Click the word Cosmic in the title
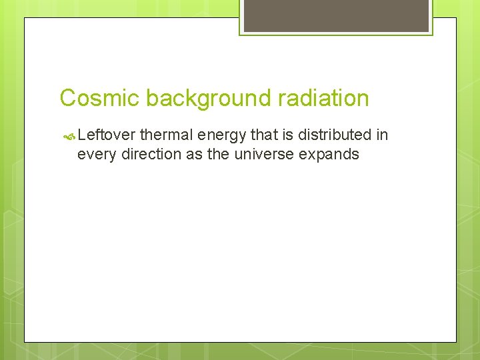pyautogui.click(x=99, y=98)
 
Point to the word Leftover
pyautogui.click(x=107, y=135)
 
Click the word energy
pyautogui.click(x=222, y=136)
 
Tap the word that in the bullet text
pyautogui.click(x=263, y=135)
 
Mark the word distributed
pyautogui.click(x=335, y=135)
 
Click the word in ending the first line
pyautogui.click(x=382, y=135)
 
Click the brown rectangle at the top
pyautogui.click(x=336, y=15)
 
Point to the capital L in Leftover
pyautogui.click(x=81, y=135)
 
